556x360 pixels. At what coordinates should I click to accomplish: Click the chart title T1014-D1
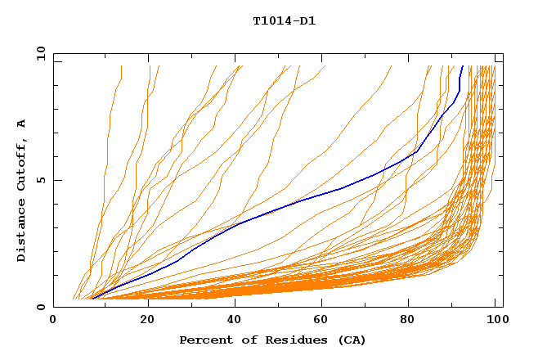pos(284,21)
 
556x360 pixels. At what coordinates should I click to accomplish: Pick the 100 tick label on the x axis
pos(497,322)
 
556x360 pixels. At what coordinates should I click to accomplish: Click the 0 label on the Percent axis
pos(54,322)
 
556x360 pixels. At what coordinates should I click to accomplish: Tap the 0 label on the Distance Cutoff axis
pos(40,308)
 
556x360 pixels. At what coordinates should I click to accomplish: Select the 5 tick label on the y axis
pos(40,180)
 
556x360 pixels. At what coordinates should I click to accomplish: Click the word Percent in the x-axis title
pos(204,340)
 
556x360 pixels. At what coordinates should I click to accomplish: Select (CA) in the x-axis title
pos(352,340)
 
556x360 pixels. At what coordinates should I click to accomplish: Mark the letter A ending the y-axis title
pos(22,124)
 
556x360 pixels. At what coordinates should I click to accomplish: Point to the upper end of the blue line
pos(463,66)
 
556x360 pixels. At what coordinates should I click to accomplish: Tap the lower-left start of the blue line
pos(92,299)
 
